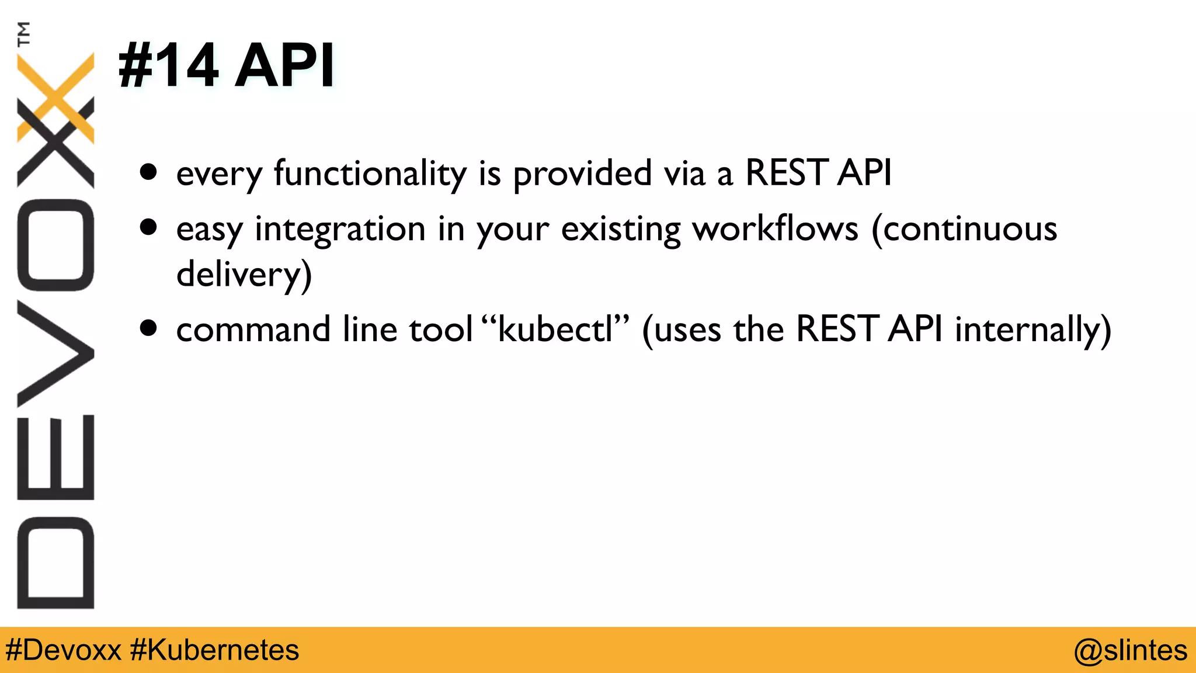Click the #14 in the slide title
pyautogui.click(x=168, y=65)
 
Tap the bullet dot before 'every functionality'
pyautogui.click(x=149, y=172)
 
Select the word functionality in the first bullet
pyautogui.click(x=370, y=174)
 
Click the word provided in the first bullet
pyautogui.click(x=582, y=174)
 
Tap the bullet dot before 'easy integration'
pyautogui.click(x=149, y=227)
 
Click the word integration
pyautogui.click(x=340, y=228)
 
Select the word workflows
pyautogui.click(x=775, y=228)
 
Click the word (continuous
pyautogui.click(x=964, y=228)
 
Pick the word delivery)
pyautogui.click(x=244, y=274)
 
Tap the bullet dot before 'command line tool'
pyautogui.click(x=149, y=328)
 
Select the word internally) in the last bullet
pyautogui.click(x=1032, y=329)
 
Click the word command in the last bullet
pyautogui.click(x=253, y=329)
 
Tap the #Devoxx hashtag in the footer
pyautogui.click(x=63, y=650)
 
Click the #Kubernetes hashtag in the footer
pyautogui.click(x=214, y=650)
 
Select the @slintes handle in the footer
pyautogui.click(x=1130, y=650)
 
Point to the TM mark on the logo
pyautogui.click(x=23, y=33)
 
